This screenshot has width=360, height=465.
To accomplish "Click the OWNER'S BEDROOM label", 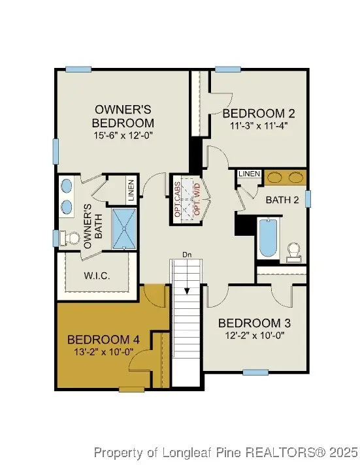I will coord(124,116).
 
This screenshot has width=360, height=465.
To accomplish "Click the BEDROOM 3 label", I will coord(254,323).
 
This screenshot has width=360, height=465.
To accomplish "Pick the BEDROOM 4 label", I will coord(103,340).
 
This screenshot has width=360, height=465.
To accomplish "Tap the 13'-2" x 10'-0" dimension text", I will coord(103,352).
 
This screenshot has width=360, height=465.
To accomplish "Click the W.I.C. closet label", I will coord(97,276).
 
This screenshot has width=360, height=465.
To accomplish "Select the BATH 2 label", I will coord(282,200).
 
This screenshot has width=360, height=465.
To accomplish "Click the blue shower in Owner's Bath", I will coord(123,228).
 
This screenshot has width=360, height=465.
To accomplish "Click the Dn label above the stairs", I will coord(188,255).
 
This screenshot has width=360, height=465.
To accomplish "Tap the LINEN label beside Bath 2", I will coord(250,174).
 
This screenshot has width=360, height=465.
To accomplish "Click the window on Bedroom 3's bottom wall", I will coord(255,372).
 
